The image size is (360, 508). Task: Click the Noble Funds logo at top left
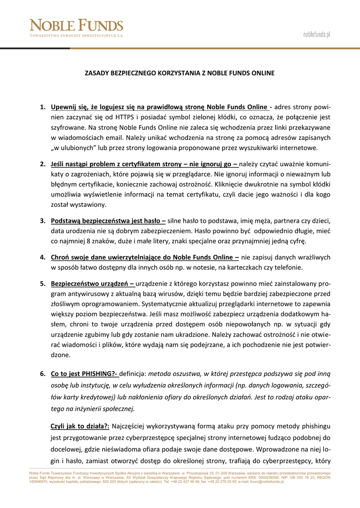(76, 28)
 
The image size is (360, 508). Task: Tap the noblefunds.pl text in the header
(317, 34)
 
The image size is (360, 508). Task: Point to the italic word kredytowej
(101, 397)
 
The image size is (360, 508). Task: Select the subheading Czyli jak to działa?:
(79, 426)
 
